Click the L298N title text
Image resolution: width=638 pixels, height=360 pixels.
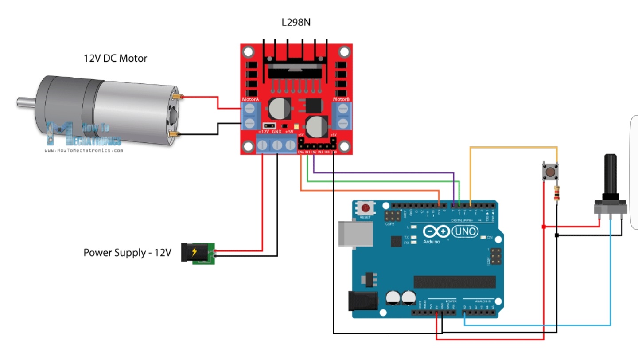point(296,22)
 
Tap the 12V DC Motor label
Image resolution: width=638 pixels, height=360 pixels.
point(115,58)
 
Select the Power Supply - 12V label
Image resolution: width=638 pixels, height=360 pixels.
point(127,253)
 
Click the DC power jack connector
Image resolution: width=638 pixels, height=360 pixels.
point(198,253)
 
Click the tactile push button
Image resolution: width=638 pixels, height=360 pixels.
point(550,172)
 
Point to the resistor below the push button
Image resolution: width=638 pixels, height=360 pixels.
point(556,194)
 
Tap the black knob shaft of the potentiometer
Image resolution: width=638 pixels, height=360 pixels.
point(611,177)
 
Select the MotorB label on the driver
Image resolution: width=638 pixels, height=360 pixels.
point(341,99)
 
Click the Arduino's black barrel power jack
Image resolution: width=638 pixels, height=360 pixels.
point(363,301)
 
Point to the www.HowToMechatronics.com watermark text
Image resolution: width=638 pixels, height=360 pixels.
point(84,150)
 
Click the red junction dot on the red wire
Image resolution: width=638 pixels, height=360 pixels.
point(544,227)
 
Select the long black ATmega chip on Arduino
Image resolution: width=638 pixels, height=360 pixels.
point(455,282)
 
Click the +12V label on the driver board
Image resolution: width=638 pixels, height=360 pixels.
point(264,132)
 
